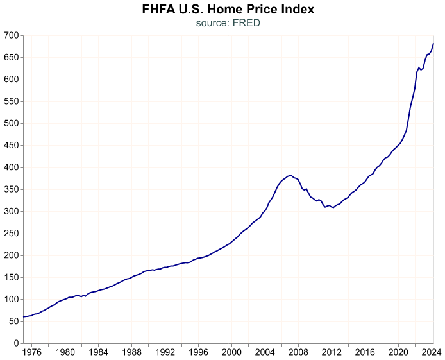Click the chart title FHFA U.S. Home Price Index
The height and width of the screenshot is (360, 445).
(228, 10)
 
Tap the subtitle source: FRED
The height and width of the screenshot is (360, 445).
(228, 23)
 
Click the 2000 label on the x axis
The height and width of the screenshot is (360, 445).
(231, 352)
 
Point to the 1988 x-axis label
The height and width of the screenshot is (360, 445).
(131, 352)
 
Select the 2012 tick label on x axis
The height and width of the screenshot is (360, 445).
(332, 352)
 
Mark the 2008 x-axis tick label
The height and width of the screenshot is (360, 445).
(298, 352)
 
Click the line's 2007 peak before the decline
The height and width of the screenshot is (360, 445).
(290, 175)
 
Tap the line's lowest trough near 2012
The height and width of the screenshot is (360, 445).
(333, 208)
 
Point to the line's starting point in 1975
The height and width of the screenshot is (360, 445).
(23, 316)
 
